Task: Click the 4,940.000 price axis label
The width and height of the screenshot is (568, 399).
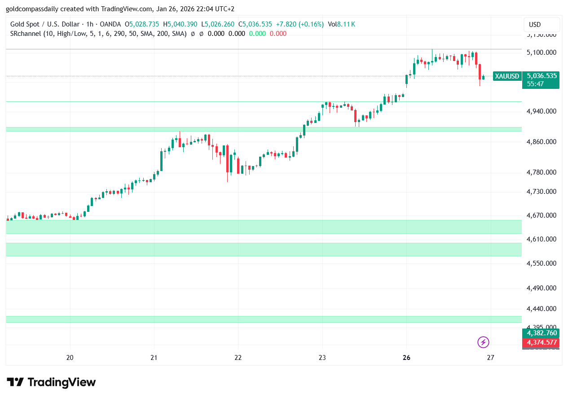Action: point(541,111)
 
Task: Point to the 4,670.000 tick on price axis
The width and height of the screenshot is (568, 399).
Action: point(541,216)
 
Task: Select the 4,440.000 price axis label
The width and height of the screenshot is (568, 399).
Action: point(541,309)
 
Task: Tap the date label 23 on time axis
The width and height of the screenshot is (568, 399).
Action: point(322,358)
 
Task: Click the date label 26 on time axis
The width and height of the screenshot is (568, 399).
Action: point(406,358)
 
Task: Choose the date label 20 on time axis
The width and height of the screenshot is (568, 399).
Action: point(70,358)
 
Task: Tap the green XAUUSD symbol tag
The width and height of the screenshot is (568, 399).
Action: point(506,76)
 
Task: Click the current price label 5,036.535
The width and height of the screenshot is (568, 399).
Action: point(542,76)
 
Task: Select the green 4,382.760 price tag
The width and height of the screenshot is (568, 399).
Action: point(542,333)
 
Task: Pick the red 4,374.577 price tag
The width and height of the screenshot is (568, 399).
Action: point(542,342)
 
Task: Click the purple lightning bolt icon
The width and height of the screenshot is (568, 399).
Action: point(483,342)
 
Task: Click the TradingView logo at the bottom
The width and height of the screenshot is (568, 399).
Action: point(52,382)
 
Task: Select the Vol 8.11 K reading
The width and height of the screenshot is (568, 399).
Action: point(341,24)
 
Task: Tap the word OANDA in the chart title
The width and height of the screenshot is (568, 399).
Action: point(110,24)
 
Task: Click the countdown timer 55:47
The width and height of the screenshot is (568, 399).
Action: point(535,83)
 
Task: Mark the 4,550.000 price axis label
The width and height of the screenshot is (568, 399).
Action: point(541,263)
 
